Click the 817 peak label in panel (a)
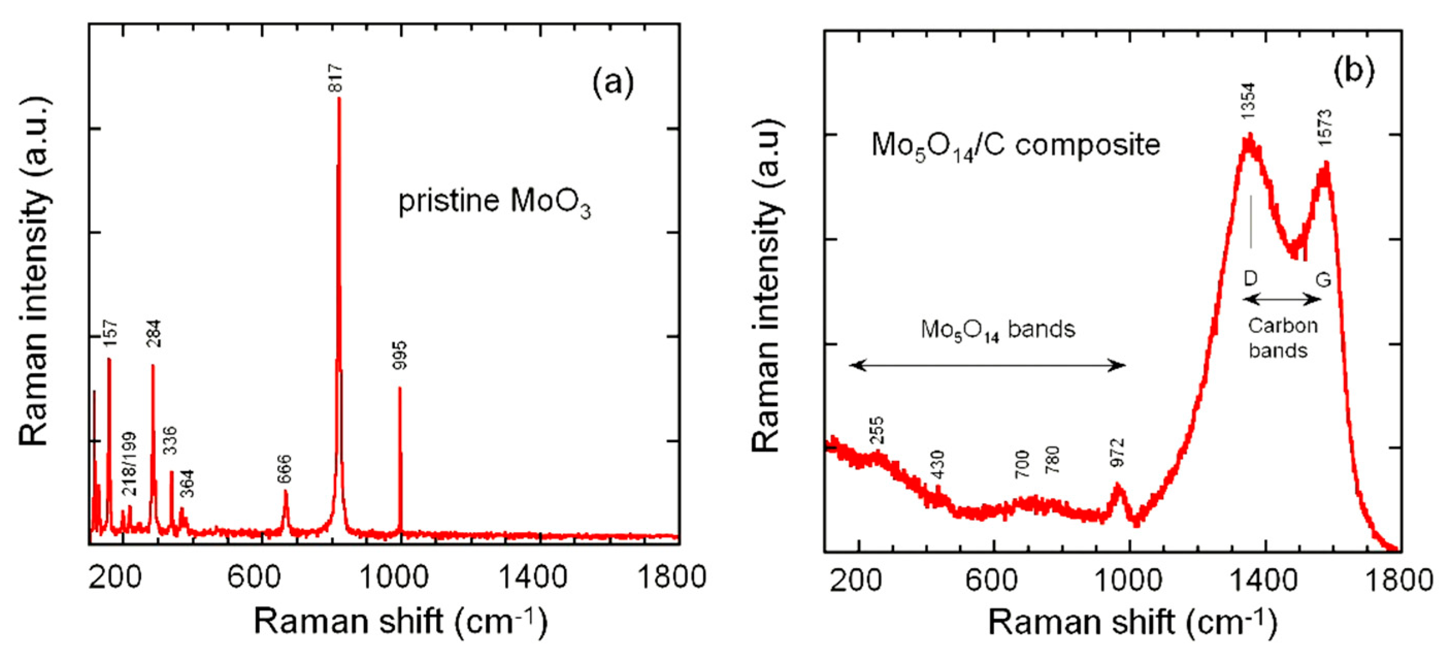336,78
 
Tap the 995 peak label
400,355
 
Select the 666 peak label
284,470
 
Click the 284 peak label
153,334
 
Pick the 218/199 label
129,464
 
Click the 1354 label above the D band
1248,101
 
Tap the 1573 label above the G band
1325,128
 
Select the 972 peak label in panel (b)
1117,453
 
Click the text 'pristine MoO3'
494,203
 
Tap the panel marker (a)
613,83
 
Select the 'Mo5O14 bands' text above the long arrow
998,329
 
